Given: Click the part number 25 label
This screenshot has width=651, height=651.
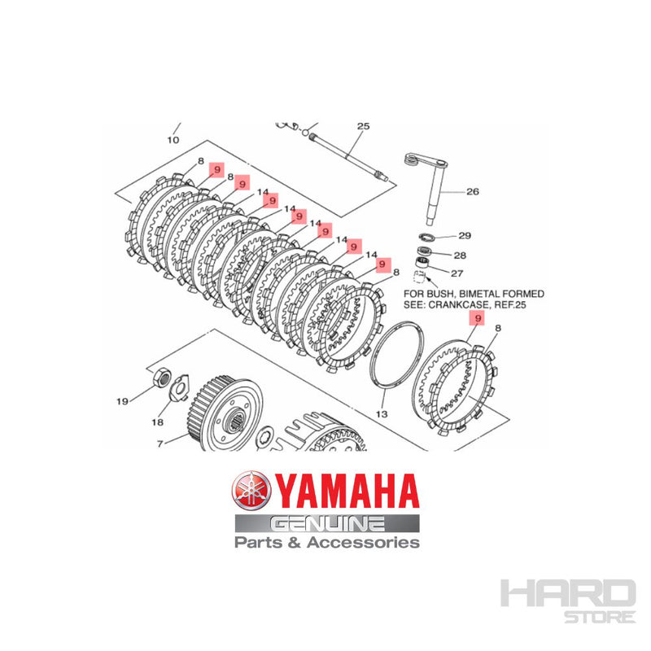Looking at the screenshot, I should point(363,126).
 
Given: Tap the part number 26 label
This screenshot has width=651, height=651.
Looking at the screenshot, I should point(473,192).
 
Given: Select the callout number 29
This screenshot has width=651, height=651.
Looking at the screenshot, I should point(465,236).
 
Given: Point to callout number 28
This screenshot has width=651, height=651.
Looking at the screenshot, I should point(459,255).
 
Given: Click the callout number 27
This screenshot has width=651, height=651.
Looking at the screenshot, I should point(457,273).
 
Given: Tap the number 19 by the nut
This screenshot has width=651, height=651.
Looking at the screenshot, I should point(122,400).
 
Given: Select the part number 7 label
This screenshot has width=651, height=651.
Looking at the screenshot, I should point(159,443).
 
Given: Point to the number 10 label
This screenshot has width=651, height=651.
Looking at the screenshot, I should point(173,140).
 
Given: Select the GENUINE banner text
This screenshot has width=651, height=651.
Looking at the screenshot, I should point(328,523).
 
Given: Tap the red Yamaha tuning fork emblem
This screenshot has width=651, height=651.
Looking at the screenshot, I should point(251,493).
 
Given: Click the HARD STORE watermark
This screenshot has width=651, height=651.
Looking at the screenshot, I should point(567,597).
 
